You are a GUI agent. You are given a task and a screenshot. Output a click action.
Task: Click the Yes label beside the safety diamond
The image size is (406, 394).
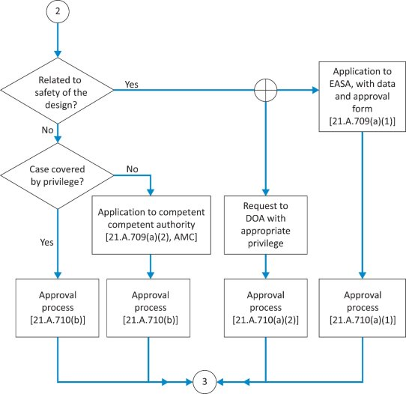coord(132,85)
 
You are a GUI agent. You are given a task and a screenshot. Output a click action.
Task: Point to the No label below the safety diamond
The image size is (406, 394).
coord(48,130)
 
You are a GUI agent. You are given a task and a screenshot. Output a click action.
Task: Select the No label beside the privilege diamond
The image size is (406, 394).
coord(133,169)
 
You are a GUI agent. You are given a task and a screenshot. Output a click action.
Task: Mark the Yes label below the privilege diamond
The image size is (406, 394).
coord(47,242)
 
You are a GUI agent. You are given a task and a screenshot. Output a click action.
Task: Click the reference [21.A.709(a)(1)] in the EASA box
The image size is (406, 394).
coord(363,121)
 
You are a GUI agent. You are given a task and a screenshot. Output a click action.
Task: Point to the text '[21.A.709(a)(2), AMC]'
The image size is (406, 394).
coord(151,237)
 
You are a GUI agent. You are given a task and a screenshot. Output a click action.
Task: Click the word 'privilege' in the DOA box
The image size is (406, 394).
coord(266,243)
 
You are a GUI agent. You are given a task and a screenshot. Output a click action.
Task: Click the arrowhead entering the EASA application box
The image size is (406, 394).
coord(315,90)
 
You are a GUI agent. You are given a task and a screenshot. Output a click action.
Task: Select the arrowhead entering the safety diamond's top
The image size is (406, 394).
coord(58,54)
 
